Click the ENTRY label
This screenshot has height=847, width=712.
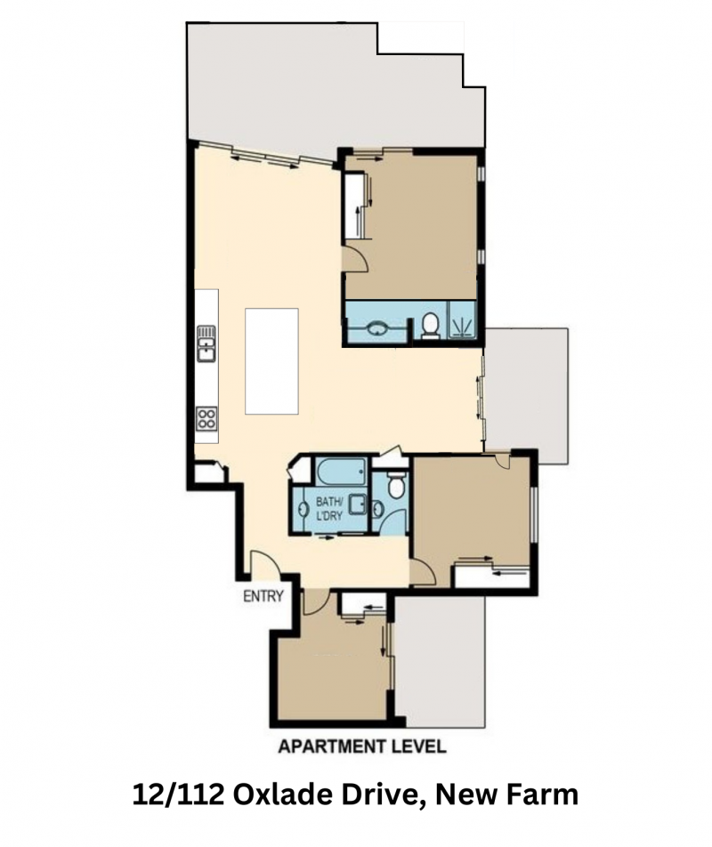pos(263,596)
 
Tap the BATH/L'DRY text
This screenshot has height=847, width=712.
pos(329,508)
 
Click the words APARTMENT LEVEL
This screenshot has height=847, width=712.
pos(362,746)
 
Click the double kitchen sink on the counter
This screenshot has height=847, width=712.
pos(206,343)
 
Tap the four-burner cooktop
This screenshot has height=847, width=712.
pos(206,417)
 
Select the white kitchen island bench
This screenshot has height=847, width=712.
pos(271,361)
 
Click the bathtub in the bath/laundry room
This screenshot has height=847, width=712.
pos(342,472)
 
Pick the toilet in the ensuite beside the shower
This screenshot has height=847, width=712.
pos(431,326)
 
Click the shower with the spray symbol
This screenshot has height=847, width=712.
pos(462,319)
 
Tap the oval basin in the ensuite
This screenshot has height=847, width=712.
pos(376,327)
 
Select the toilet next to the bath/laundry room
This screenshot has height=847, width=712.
pos(396,485)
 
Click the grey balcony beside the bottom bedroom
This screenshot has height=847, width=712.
pos(440,661)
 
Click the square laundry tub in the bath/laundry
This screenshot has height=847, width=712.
pos(357,504)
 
